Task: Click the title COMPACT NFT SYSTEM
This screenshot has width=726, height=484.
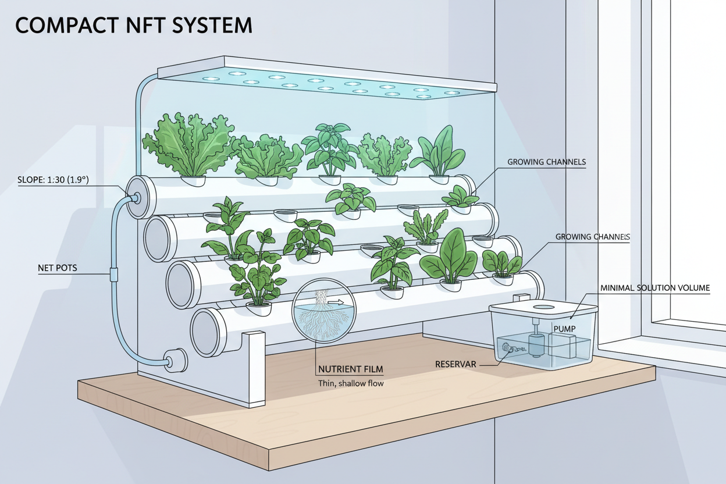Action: click(134, 26)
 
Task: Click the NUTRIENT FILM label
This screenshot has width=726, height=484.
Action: click(351, 369)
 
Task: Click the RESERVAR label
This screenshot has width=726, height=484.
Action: click(455, 364)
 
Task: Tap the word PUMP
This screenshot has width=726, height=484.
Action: click(564, 329)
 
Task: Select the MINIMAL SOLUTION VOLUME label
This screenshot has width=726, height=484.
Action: click(654, 288)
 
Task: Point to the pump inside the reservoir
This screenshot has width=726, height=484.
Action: click(534, 343)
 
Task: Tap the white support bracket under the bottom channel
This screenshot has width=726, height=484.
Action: click(254, 366)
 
